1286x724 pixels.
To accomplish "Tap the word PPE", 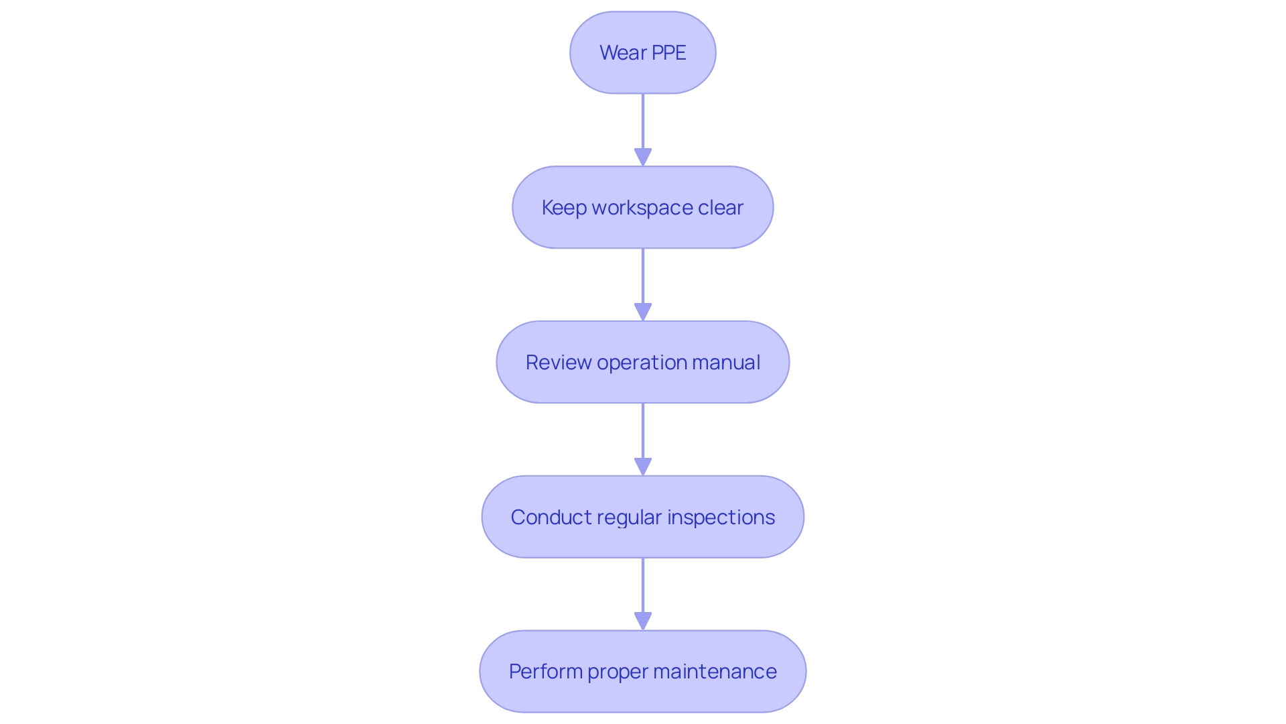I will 668,53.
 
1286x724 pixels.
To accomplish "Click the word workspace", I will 642,208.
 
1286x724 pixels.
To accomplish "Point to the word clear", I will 720,208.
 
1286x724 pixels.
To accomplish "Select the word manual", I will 726,363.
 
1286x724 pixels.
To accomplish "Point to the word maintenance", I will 715,672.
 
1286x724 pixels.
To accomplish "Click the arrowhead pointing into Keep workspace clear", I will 643,158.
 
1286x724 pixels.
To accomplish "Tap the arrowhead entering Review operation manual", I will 643,312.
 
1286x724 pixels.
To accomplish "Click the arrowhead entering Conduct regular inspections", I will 643,467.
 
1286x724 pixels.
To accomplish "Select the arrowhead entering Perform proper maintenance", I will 643,621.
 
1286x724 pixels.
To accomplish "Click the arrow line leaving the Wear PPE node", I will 643,121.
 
